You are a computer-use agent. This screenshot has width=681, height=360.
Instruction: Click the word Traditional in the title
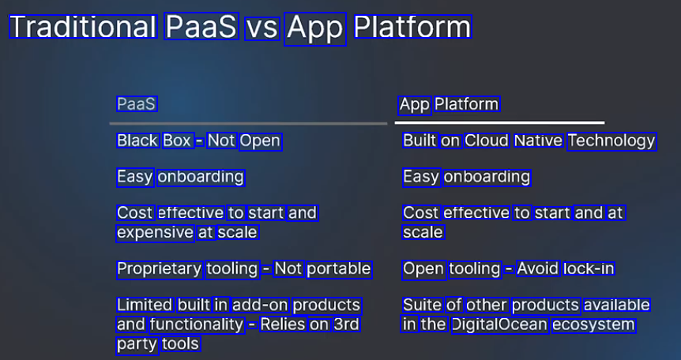83,26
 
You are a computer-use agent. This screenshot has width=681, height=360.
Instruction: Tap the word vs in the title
261,28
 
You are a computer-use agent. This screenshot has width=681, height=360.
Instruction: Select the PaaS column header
137,104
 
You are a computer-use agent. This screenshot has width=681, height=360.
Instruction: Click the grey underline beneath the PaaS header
248,124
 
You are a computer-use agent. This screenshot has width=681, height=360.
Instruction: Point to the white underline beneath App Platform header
499,123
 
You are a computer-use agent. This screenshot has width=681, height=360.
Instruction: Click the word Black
137,141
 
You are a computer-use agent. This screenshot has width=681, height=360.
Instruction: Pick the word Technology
611,141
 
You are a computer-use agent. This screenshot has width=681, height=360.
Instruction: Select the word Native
539,141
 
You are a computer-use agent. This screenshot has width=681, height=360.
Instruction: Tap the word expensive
155,233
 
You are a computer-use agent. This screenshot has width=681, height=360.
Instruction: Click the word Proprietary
160,269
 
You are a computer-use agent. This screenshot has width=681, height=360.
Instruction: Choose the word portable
339,269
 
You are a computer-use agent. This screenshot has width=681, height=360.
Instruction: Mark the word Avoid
538,268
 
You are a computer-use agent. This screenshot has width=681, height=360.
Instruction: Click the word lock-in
589,268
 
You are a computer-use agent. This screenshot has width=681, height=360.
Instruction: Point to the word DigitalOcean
499,324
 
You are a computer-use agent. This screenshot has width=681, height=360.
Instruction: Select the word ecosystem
593,325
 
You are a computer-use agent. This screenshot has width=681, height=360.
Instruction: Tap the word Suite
422,305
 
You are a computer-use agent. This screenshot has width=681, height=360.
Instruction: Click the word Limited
145,305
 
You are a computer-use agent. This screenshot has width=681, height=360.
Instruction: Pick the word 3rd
347,324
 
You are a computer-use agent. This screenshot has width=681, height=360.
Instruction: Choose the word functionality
197,324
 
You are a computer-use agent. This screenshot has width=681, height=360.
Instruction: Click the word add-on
260,306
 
